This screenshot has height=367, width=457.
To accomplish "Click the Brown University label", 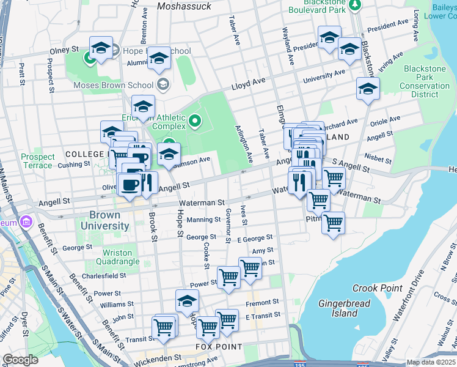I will coord(109,220).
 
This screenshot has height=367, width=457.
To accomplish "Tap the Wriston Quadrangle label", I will coord(109,257).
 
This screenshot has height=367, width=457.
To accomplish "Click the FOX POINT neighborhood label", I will coord(216,347).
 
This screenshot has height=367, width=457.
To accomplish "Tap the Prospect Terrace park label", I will coord(38,161).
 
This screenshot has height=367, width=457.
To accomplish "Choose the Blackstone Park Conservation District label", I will coord(425,82).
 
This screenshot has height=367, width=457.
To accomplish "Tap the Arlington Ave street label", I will coord(244,144).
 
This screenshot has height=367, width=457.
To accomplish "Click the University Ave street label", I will coord(324,76).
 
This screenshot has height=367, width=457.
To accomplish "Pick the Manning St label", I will coord(204,220).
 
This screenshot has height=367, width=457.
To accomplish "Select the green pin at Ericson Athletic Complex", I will coord(195,120).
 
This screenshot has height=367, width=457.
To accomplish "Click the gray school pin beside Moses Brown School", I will coord(163,84).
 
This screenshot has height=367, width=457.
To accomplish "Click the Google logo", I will coord(21,360).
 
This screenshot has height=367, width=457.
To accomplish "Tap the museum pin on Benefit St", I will coord(26,221).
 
